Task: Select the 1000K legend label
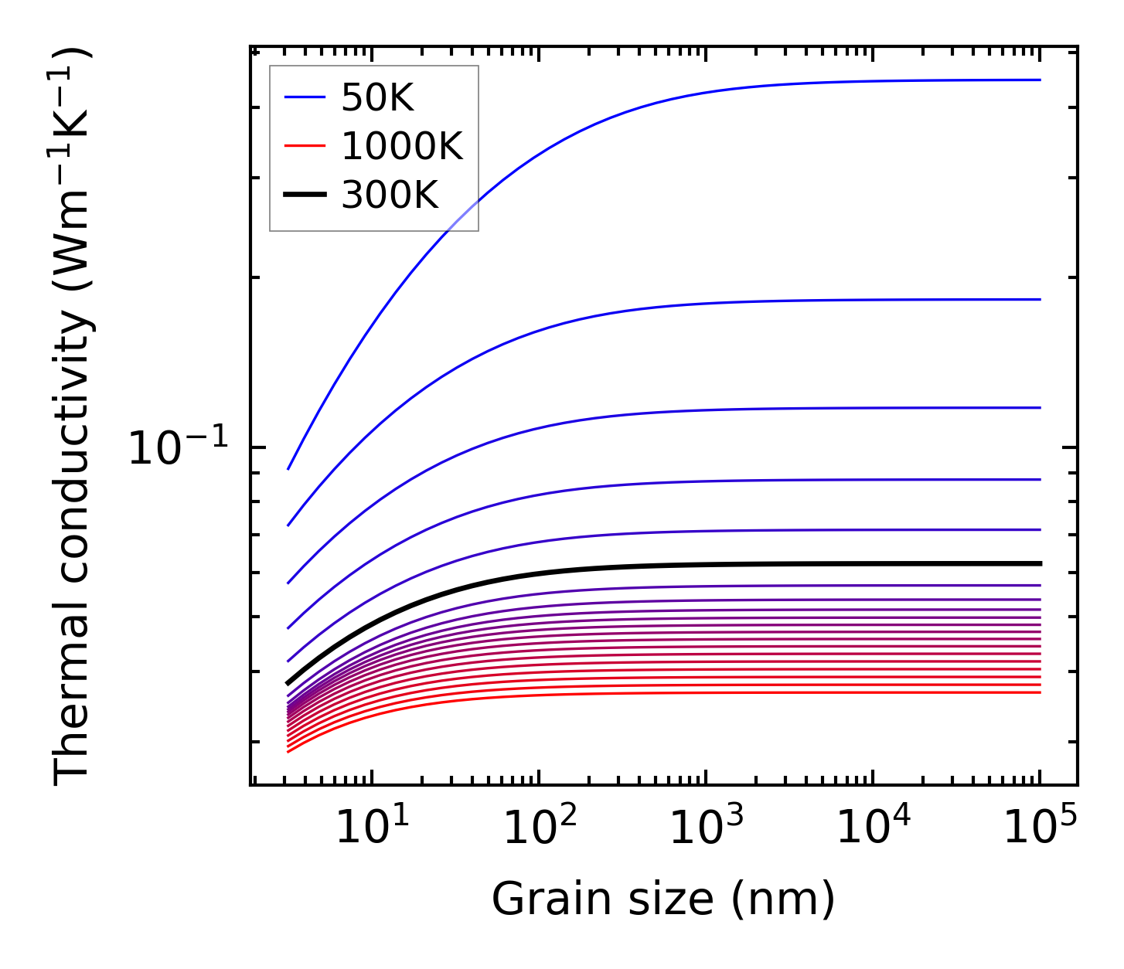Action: (x=402, y=146)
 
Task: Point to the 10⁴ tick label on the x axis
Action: (x=872, y=829)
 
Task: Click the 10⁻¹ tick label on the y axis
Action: (x=179, y=447)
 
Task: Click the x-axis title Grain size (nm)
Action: (x=663, y=900)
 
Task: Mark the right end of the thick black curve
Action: (x=1041, y=563)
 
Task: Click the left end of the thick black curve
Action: (x=288, y=683)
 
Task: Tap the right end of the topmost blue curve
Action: (x=1041, y=80)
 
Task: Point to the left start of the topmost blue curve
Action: (x=288, y=469)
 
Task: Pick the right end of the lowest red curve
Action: (x=1041, y=692)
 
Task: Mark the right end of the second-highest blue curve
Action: (x=1041, y=299)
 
